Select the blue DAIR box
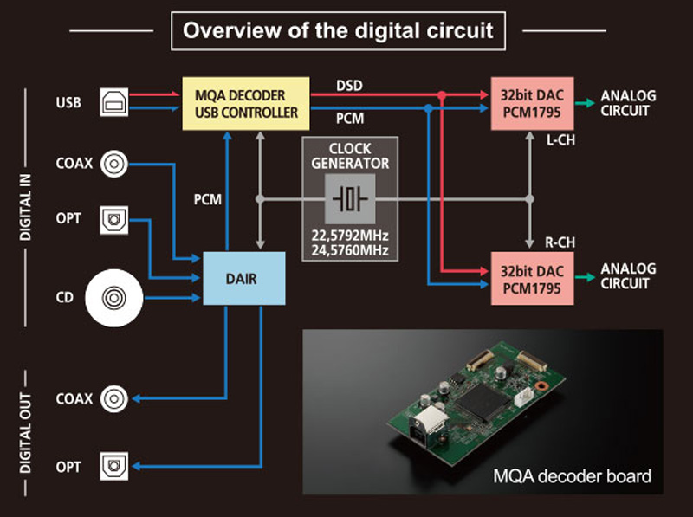pos(243,278)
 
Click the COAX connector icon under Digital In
pos(113,163)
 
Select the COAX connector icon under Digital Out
pos(113,399)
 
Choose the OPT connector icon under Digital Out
pos(113,466)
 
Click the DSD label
pos(350,85)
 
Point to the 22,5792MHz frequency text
pos(350,236)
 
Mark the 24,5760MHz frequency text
pos(350,251)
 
